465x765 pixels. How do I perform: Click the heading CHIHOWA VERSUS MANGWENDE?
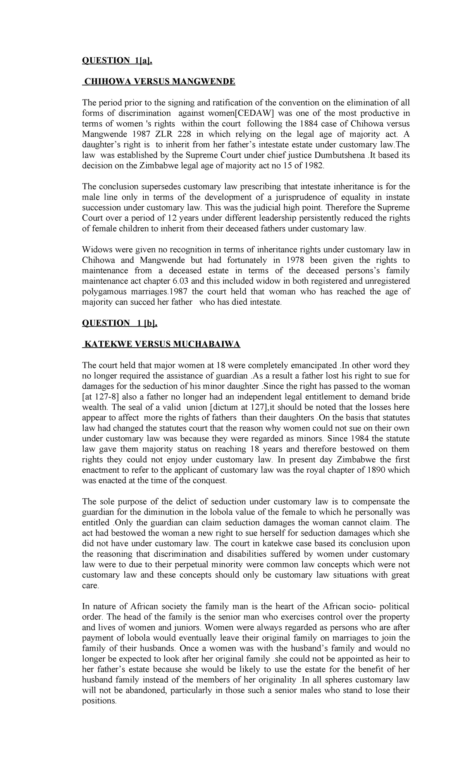pos(160,82)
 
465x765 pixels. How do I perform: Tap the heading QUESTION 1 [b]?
pos(120,323)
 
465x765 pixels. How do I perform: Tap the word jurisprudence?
pos(306,197)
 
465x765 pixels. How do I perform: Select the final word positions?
pos(99,701)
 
